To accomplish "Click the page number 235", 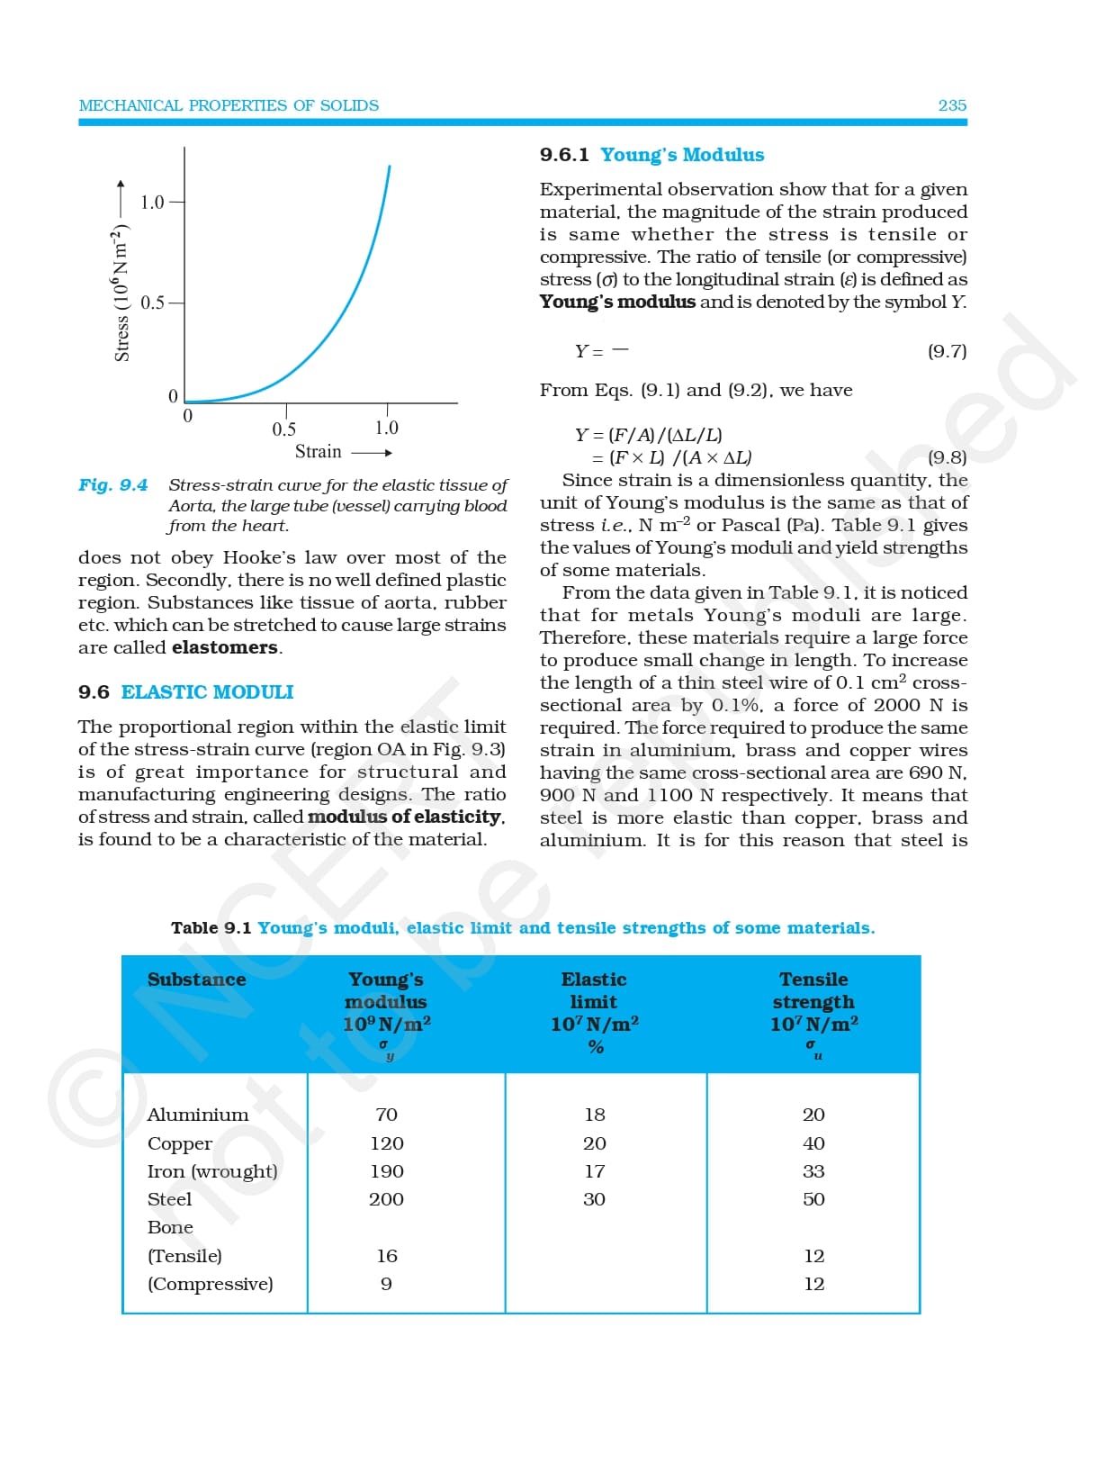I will pos(952,105).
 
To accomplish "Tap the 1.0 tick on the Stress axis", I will pos(153,202).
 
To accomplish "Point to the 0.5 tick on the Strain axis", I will pos(284,429).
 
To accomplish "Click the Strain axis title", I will pos(319,451).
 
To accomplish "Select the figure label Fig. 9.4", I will pos(112,485).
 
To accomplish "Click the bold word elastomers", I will pos(225,647).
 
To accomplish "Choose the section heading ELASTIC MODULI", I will pos(207,692).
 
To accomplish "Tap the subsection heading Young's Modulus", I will pos(682,155).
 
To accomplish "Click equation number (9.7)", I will pos(947,351).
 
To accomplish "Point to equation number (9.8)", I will pos(947,457).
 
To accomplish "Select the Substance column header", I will pos(196,980).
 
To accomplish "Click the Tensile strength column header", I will pos(813,990).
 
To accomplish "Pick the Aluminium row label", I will pos(198,1115).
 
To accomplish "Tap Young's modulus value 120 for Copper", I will pos(387,1143).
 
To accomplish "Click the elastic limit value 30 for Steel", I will pos(594,1199).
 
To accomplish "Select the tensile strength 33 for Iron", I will pos(813,1171).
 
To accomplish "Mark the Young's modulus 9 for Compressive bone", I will pos(386,1284).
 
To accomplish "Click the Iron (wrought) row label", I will pos(212,1171).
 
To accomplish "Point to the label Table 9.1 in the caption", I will pos(211,928).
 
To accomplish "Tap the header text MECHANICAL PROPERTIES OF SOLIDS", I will pos(229,105).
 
